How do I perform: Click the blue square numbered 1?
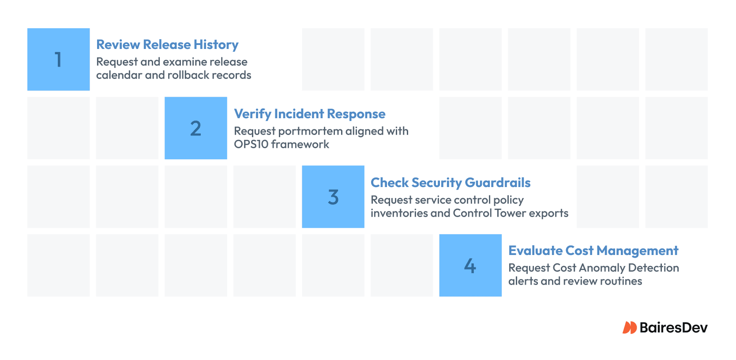click(59, 60)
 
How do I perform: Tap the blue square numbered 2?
click(196, 128)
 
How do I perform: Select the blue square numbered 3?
click(333, 197)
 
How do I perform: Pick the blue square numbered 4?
click(470, 266)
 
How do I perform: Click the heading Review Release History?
click(167, 45)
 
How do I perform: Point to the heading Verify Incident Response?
click(309, 114)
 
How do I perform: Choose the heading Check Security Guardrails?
click(451, 183)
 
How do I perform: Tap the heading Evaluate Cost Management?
click(593, 251)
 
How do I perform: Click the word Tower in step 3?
click(511, 213)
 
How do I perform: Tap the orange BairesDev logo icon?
click(630, 327)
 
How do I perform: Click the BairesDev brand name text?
click(674, 327)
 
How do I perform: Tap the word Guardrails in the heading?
click(498, 183)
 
